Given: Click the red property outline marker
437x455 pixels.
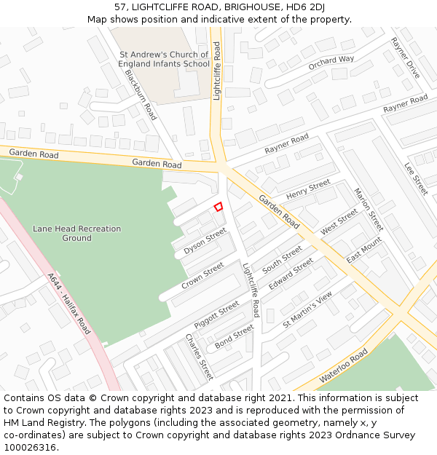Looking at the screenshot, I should tap(218, 207).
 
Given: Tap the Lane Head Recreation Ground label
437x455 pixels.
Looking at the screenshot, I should tap(76, 234).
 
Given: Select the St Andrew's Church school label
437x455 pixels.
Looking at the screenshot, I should tap(164, 59).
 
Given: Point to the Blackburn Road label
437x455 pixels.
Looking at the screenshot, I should tap(141, 95).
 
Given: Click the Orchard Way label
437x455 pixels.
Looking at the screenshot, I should tap(331, 63).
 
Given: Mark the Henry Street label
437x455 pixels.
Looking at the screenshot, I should tap(308, 191).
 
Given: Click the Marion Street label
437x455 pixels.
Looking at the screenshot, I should tap(368, 209).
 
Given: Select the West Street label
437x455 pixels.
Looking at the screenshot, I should tap(339, 222).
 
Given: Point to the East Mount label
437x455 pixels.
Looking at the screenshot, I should tap(364, 250).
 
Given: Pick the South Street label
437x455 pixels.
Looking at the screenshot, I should tap(282, 259).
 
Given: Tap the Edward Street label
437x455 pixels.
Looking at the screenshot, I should tap(291, 274).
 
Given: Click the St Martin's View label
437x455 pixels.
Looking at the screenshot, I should tap(307, 309).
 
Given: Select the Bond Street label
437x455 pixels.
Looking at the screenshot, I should tap(234, 336).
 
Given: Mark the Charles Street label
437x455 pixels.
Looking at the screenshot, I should tap(199, 357).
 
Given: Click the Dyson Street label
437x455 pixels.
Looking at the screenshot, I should tap(205, 241).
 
